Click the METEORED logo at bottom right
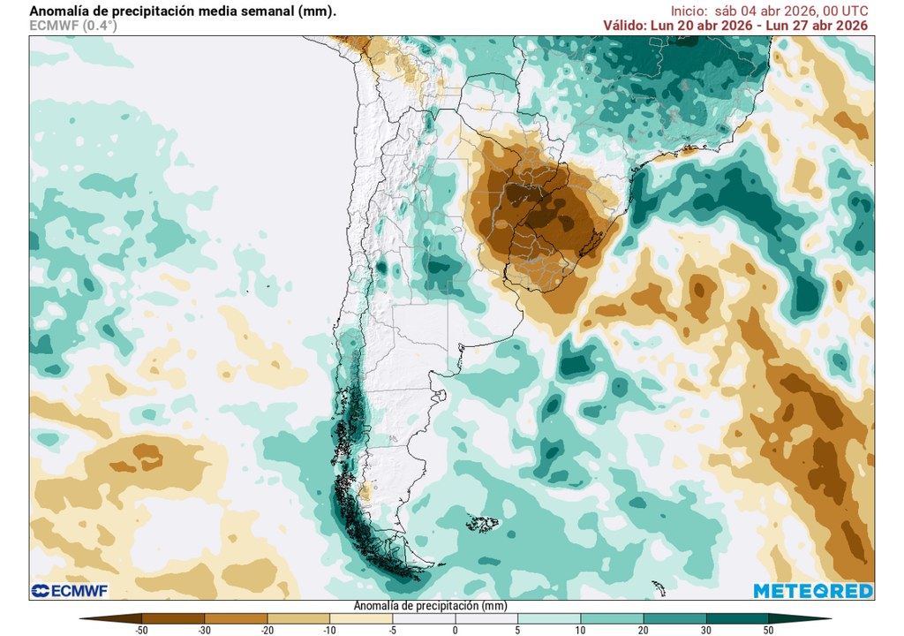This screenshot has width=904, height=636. click(x=813, y=591)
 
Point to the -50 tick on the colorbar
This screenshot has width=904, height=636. click(x=142, y=630)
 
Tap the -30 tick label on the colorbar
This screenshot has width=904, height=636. click(x=205, y=630)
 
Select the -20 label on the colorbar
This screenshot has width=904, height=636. click(x=267, y=630)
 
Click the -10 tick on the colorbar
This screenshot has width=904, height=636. click(x=330, y=630)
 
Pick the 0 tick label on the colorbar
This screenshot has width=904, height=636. click(x=456, y=630)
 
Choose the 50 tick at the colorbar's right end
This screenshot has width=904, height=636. click(x=769, y=630)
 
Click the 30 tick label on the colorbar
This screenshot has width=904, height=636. click(x=706, y=630)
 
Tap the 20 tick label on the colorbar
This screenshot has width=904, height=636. click(x=644, y=630)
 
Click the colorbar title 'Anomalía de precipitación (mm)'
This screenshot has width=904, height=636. click(x=430, y=607)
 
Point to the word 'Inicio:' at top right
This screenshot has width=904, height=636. click(x=689, y=11)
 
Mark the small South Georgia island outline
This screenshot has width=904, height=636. click(x=657, y=586)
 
